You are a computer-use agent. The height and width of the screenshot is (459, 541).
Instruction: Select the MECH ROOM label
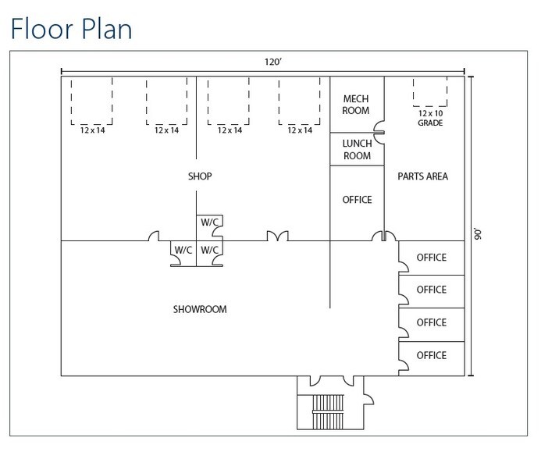pyautogui.click(x=356, y=105)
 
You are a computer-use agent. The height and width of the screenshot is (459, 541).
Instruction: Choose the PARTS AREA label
pyautogui.click(x=422, y=176)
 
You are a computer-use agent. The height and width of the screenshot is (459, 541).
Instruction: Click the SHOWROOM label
pyautogui.click(x=199, y=309)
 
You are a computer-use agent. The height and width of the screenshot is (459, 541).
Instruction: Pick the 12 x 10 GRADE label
pyautogui.click(x=429, y=117)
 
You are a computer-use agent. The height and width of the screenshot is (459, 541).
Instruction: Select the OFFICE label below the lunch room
pyautogui.click(x=357, y=200)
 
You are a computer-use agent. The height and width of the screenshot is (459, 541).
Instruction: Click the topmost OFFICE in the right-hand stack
pyautogui.click(x=431, y=258)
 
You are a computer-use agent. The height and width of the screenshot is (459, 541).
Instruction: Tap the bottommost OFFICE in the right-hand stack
pyautogui.click(x=431, y=355)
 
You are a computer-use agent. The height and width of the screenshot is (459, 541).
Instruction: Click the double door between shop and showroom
pyautogui.click(x=277, y=236)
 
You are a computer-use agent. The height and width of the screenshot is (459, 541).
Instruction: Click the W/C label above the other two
pyautogui.click(x=208, y=222)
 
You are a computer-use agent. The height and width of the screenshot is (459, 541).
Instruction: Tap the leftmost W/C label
pyautogui.click(x=183, y=250)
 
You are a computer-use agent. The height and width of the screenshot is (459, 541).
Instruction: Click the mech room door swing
pyautogui.click(x=379, y=125)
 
